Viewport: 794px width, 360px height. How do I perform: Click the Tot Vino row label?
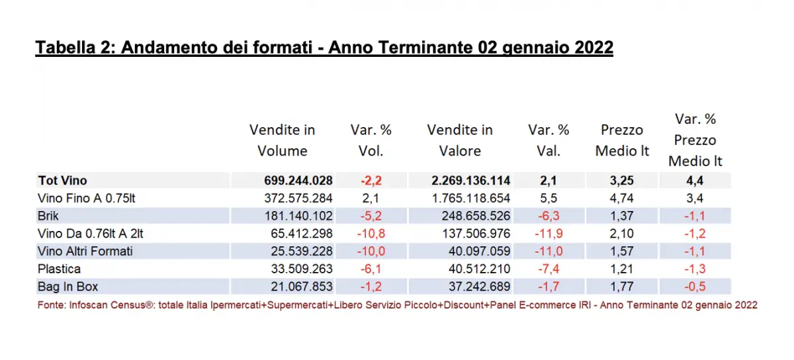[62, 180]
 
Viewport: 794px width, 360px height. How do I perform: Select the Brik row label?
[48, 216]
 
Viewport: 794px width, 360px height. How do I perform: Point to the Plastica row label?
[60, 269]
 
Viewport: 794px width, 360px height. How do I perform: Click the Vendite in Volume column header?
[282, 140]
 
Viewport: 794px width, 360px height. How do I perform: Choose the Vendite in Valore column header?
[460, 140]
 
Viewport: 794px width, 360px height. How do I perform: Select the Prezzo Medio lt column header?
[622, 140]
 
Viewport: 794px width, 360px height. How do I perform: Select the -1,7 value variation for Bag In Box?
[549, 287]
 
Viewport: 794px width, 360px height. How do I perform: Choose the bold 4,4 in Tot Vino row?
[695, 180]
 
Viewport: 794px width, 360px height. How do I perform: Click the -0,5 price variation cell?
[695, 287]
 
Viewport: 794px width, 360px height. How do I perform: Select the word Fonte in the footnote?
[50, 305]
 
